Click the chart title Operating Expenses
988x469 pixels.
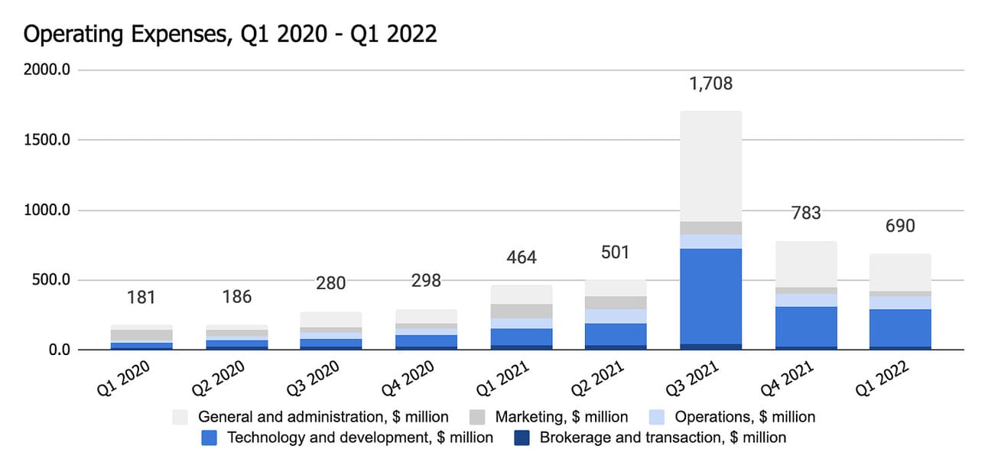click(x=230, y=34)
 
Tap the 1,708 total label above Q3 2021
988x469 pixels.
click(x=710, y=83)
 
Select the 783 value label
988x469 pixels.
click(x=805, y=213)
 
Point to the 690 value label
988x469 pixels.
click(x=899, y=226)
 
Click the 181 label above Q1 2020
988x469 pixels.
click(x=141, y=296)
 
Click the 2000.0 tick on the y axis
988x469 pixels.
click(x=47, y=70)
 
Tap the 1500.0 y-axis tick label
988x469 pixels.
click(x=47, y=141)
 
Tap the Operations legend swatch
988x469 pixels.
click(x=656, y=417)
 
